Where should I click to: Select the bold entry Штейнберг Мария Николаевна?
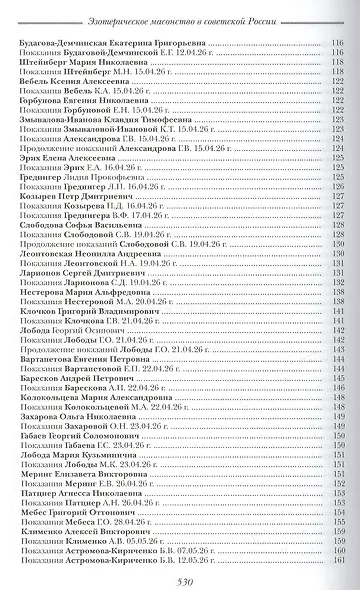pyautogui.click(x=79, y=60)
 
